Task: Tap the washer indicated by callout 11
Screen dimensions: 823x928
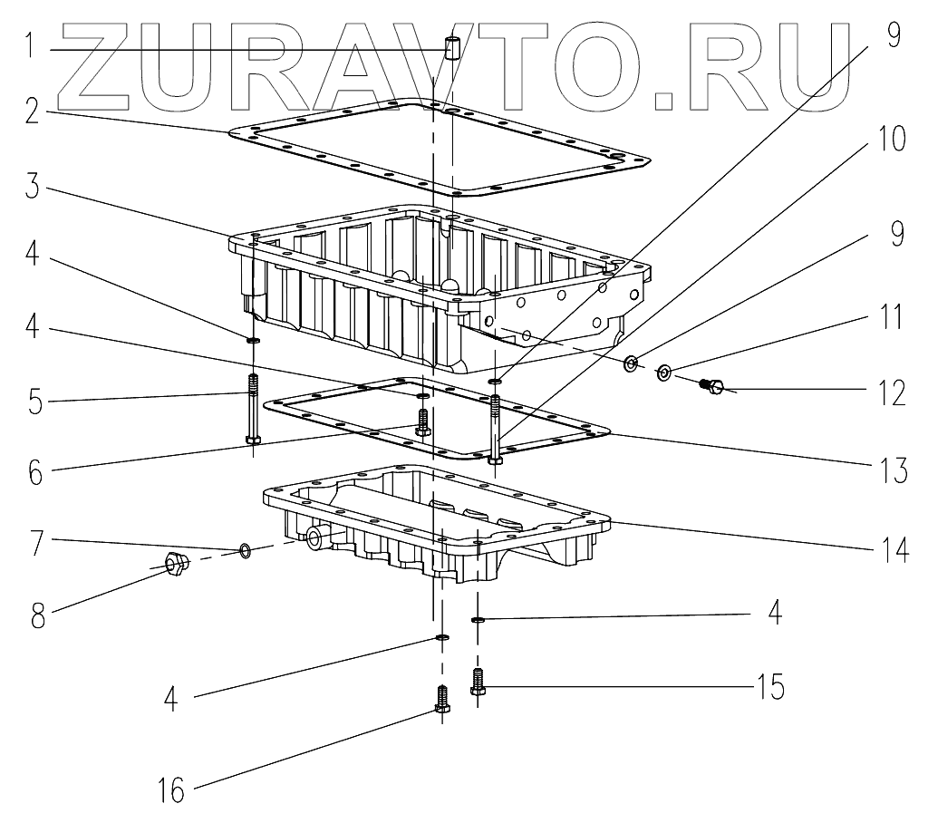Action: pos(663,373)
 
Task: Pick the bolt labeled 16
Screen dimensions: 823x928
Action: pos(441,700)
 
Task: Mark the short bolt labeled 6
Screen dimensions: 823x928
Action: pos(421,421)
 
